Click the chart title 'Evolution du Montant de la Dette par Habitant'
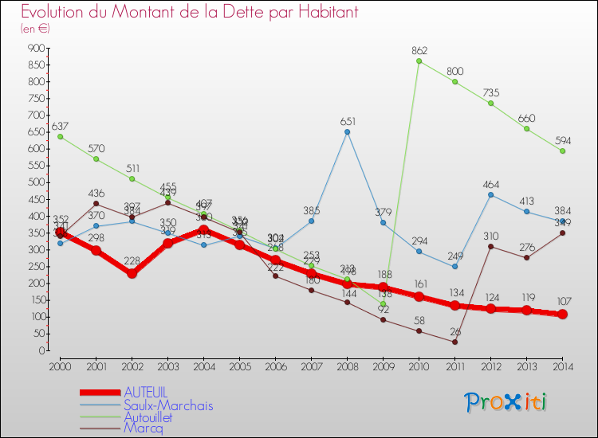pos(189,12)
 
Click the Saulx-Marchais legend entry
pos(167,405)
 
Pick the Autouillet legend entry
pos(159,416)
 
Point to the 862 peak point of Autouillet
pos(419,61)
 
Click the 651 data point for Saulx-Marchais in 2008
pos(347,132)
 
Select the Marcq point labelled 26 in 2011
pos(454,342)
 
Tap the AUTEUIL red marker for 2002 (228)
pos(132,273)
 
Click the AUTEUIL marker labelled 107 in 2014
pos(563,314)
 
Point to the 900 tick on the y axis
pos(34,49)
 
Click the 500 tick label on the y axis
pos(34,182)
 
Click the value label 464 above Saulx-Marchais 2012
pos(490,185)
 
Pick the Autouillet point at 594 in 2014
pos(563,151)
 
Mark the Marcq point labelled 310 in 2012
pos(490,246)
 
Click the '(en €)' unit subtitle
pos(35,29)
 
